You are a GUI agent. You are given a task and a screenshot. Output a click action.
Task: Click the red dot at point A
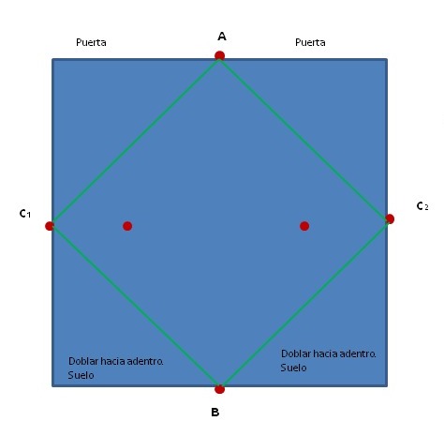[x=219, y=55]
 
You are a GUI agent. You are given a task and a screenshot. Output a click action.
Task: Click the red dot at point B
[x=219, y=389]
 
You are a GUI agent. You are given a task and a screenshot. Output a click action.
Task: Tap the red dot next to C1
[x=50, y=226]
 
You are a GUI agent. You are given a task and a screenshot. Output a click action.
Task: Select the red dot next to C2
[x=390, y=218]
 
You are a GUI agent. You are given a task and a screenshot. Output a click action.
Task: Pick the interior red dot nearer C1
[x=127, y=226]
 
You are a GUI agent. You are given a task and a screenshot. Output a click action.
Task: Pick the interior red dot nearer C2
[x=304, y=226]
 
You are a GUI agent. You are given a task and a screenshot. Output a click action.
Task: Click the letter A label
[x=222, y=37]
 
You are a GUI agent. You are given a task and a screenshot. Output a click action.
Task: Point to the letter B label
[x=215, y=413]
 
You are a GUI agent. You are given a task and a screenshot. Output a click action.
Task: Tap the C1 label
[x=25, y=214]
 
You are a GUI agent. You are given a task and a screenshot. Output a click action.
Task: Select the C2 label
[x=422, y=206]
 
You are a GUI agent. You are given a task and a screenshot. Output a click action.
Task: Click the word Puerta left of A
[x=91, y=42]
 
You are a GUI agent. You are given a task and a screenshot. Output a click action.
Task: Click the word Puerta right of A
[x=310, y=42]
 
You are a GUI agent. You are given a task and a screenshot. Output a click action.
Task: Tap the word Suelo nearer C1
[x=81, y=375]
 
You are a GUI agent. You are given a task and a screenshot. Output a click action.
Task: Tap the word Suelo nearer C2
[x=293, y=368]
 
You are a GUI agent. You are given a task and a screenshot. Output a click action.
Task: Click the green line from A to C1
[x=136, y=141]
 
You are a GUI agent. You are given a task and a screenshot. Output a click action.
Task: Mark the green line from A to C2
[x=304, y=138]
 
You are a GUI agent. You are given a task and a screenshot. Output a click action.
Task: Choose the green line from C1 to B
[x=136, y=306]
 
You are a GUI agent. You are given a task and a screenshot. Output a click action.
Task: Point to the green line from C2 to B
[x=304, y=303]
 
